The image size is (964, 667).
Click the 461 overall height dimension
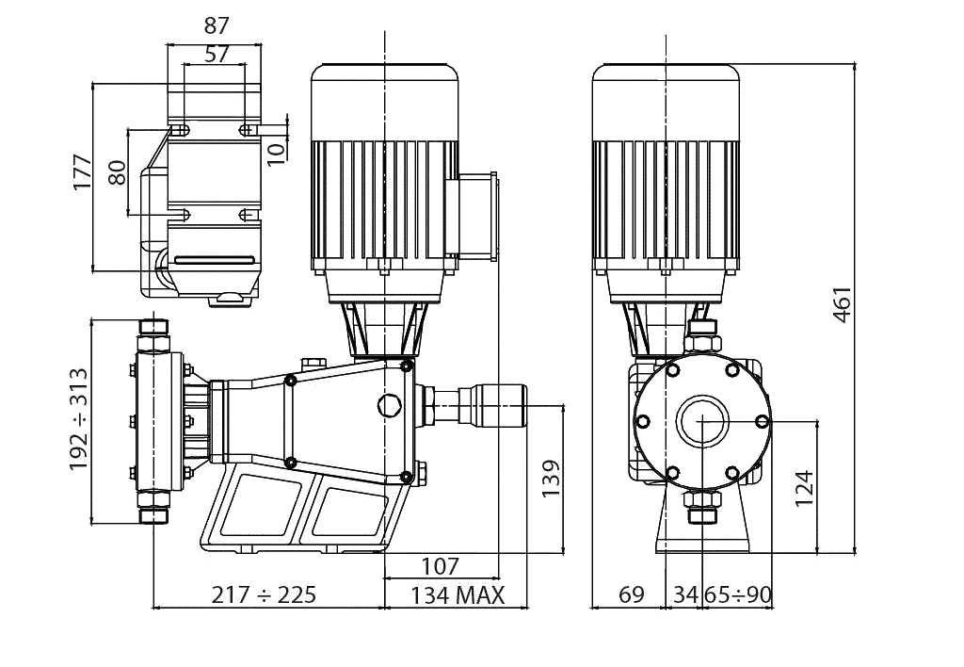click(x=844, y=303)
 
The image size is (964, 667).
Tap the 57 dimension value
click(x=216, y=54)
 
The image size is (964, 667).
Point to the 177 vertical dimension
click(x=83, y=172)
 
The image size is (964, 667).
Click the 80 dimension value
click(x=117, y=172)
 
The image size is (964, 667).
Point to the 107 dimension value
click(x=440, y=566)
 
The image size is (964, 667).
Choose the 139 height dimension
click(x=552, y=478)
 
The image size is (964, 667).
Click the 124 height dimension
click(x=803, y=487)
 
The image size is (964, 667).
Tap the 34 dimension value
click(x=685, y=594)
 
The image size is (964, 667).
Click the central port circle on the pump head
click(x=701, y=421)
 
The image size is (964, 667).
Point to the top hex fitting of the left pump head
click(x=153, y=329)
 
